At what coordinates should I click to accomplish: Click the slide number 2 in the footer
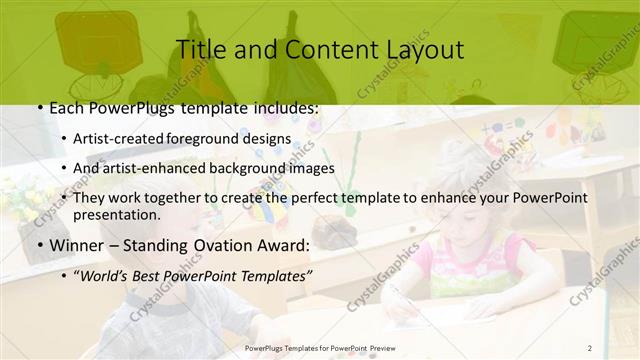coord(590,347)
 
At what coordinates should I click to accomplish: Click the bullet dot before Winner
coord(38,244)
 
